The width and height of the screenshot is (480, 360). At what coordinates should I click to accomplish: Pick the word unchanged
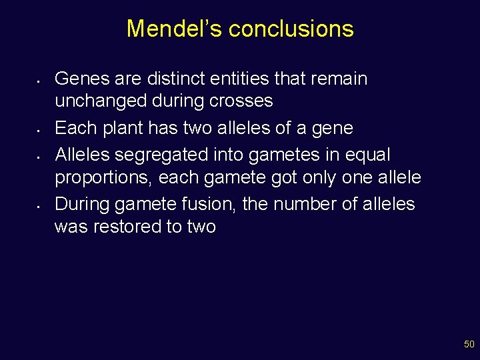[x=101, y=101]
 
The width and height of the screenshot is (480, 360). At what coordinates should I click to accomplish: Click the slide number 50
[x=469, y=345]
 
